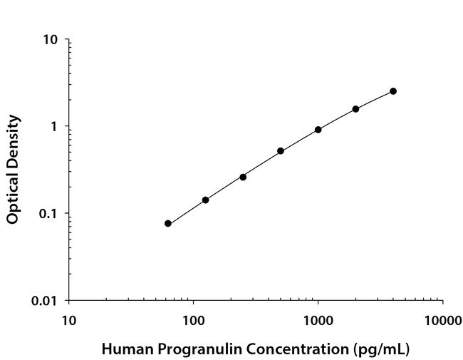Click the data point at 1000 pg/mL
point(318,130)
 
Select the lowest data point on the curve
point(168,223)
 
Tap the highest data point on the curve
point(393,91)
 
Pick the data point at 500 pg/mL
point(281,151)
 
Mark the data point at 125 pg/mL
point(206,200)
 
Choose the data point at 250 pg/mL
point(243,177)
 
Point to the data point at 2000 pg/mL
point(355,109)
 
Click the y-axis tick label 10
point(51,40)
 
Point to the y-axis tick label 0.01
point(45,301)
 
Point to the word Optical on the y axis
point(12,195)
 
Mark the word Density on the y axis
point(12,140)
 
